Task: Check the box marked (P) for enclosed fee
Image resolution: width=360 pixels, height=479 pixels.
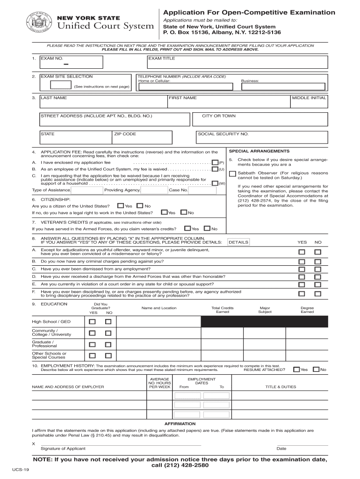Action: [x=215, y=162]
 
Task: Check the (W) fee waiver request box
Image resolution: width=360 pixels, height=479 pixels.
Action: [x=215, y=183]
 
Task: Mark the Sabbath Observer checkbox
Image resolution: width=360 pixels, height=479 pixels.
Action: [x=232, y=174]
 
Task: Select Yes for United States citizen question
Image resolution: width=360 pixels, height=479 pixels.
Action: [x=121, y=206]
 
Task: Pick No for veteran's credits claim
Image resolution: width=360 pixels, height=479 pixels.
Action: [x=208, y=229]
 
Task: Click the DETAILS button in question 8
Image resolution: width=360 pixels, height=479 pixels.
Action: [x=238, y=242]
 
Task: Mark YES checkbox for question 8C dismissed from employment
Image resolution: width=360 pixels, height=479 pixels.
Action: [x=302, y=269]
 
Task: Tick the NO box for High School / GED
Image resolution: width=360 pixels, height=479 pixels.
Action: [x=108, y=322]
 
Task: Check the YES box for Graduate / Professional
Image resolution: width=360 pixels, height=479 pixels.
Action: [x=92, y=344]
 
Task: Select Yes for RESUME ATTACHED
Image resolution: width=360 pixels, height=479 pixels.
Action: [x=296, y=370]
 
